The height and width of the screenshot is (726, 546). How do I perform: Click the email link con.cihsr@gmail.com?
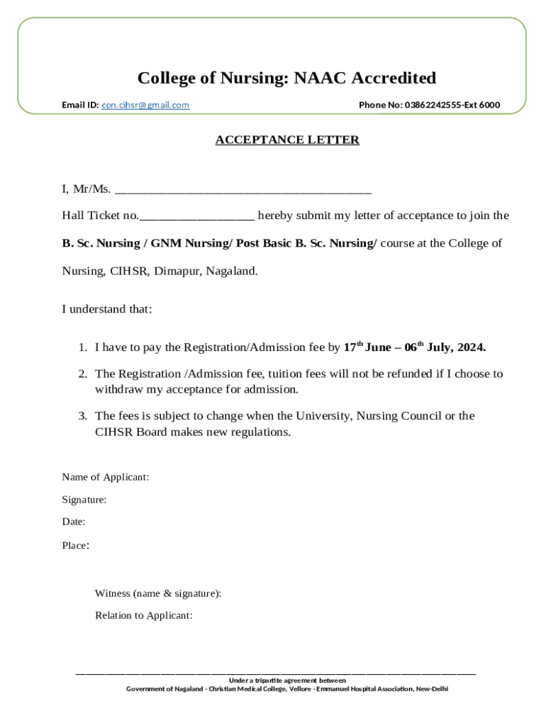[145, 105]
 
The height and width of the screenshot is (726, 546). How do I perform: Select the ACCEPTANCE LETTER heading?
[287, 140]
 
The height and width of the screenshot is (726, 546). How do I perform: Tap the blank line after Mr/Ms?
[243, 190]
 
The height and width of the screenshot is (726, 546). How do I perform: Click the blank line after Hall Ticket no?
[197, 216]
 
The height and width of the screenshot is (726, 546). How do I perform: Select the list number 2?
[82, 374]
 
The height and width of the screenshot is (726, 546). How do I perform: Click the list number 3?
[82, 415]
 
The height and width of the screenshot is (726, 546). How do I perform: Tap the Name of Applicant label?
[105, 477]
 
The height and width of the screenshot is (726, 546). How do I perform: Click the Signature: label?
[84, 500]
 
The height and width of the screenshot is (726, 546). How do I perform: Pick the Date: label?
[74, 522]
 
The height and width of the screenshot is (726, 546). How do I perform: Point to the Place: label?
[75, 545]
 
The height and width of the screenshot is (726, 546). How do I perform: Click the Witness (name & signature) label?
[158, 593]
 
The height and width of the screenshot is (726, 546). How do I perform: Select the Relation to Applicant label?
[144, 615]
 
